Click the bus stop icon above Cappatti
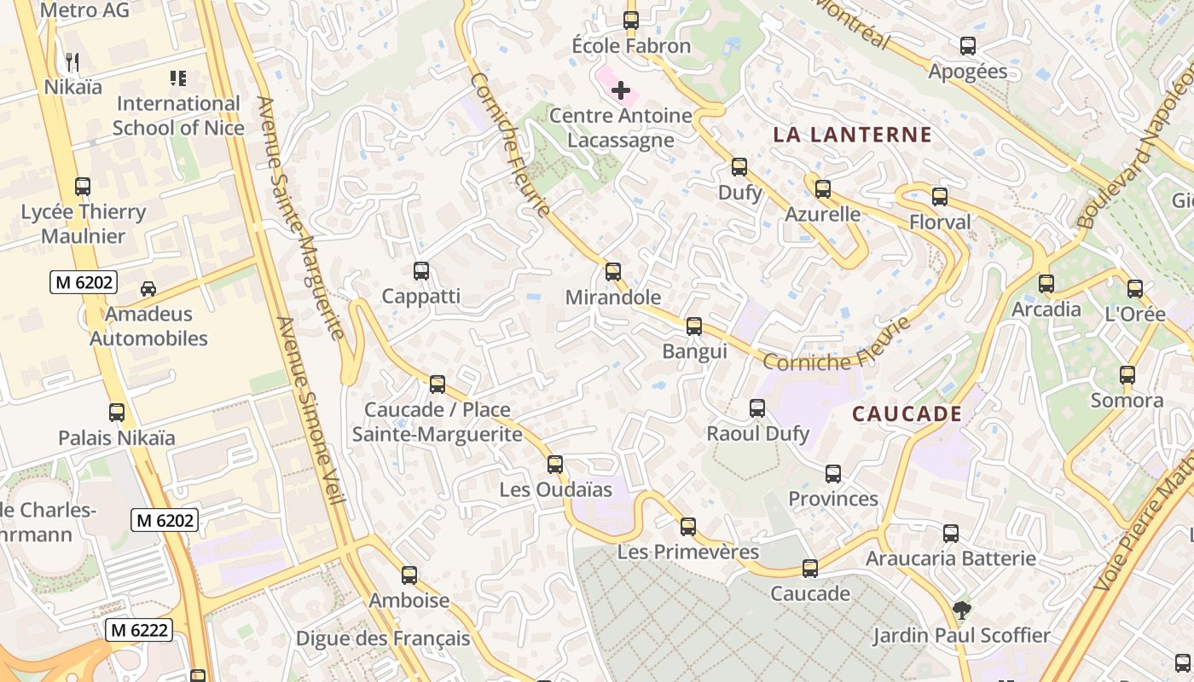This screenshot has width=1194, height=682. tap(420, 271)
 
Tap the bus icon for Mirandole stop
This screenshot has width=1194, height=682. tap(612, 272)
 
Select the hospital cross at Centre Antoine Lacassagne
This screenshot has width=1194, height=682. tap(621, 90)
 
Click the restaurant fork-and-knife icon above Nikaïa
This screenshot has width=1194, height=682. tap(72, 61)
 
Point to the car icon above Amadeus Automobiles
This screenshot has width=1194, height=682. tap(148, 289)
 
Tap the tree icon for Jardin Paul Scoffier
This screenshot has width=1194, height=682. tap(961, 610)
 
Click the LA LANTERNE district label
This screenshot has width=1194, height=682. tap(852, 135)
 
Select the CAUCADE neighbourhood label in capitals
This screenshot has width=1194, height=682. tap(907, 414)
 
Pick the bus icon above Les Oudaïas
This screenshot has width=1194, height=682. tap(555, 465)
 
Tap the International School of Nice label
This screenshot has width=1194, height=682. tap(178, 116)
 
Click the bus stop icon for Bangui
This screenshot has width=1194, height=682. tap(694, 326)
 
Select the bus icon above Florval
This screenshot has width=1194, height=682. tap(940, 197)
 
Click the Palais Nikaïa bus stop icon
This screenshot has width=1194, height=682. tap(117, 413)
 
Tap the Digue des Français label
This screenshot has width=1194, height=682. tap(383, 638)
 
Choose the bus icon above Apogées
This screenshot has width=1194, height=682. tap(967, 46)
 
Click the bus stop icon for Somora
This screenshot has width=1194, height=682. tap(1127, 375)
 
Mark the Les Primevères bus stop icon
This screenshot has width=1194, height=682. tap(688, 527)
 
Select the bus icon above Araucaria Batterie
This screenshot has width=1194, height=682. tap(951, 534)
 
